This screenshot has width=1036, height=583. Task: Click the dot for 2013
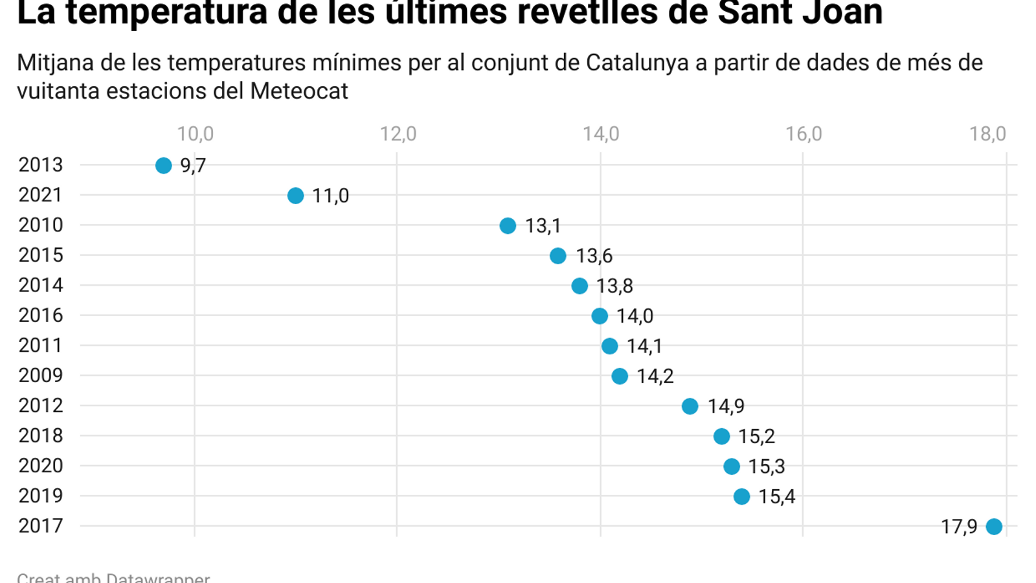click(x=164, y=166)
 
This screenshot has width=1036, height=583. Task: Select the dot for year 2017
click(x=994, y=527)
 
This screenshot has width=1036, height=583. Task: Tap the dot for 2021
click(x=295, y=196)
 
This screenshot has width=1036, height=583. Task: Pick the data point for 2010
click(x=508, y=225)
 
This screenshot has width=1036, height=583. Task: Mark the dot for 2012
click(x=690, y=406)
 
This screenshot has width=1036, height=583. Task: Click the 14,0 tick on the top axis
click(x=601, y=134)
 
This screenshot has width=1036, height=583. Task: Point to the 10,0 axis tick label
click(x=195, y=134)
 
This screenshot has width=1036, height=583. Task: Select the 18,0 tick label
click(x=987, y=134)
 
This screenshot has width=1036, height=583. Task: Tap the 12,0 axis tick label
click(x=398, y=134)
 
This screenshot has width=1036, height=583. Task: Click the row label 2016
click(x=41, y=315)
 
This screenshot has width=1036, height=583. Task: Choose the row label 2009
click(x=41, y=376)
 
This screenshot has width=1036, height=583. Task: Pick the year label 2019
click(x=41, y=496)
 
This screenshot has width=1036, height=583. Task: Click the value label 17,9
click(x=959, y=527)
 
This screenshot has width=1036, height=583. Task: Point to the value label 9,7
click(x=193, y=166)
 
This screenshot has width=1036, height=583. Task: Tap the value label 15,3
click(x=767, y=466)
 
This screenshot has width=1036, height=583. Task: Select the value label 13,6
click(x=594, y=256)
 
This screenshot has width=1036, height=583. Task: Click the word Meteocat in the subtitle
click(x=299, y=91)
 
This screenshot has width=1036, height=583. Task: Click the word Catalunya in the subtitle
click(x=637, y=63)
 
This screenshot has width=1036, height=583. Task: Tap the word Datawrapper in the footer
click(x=158, y=577)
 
